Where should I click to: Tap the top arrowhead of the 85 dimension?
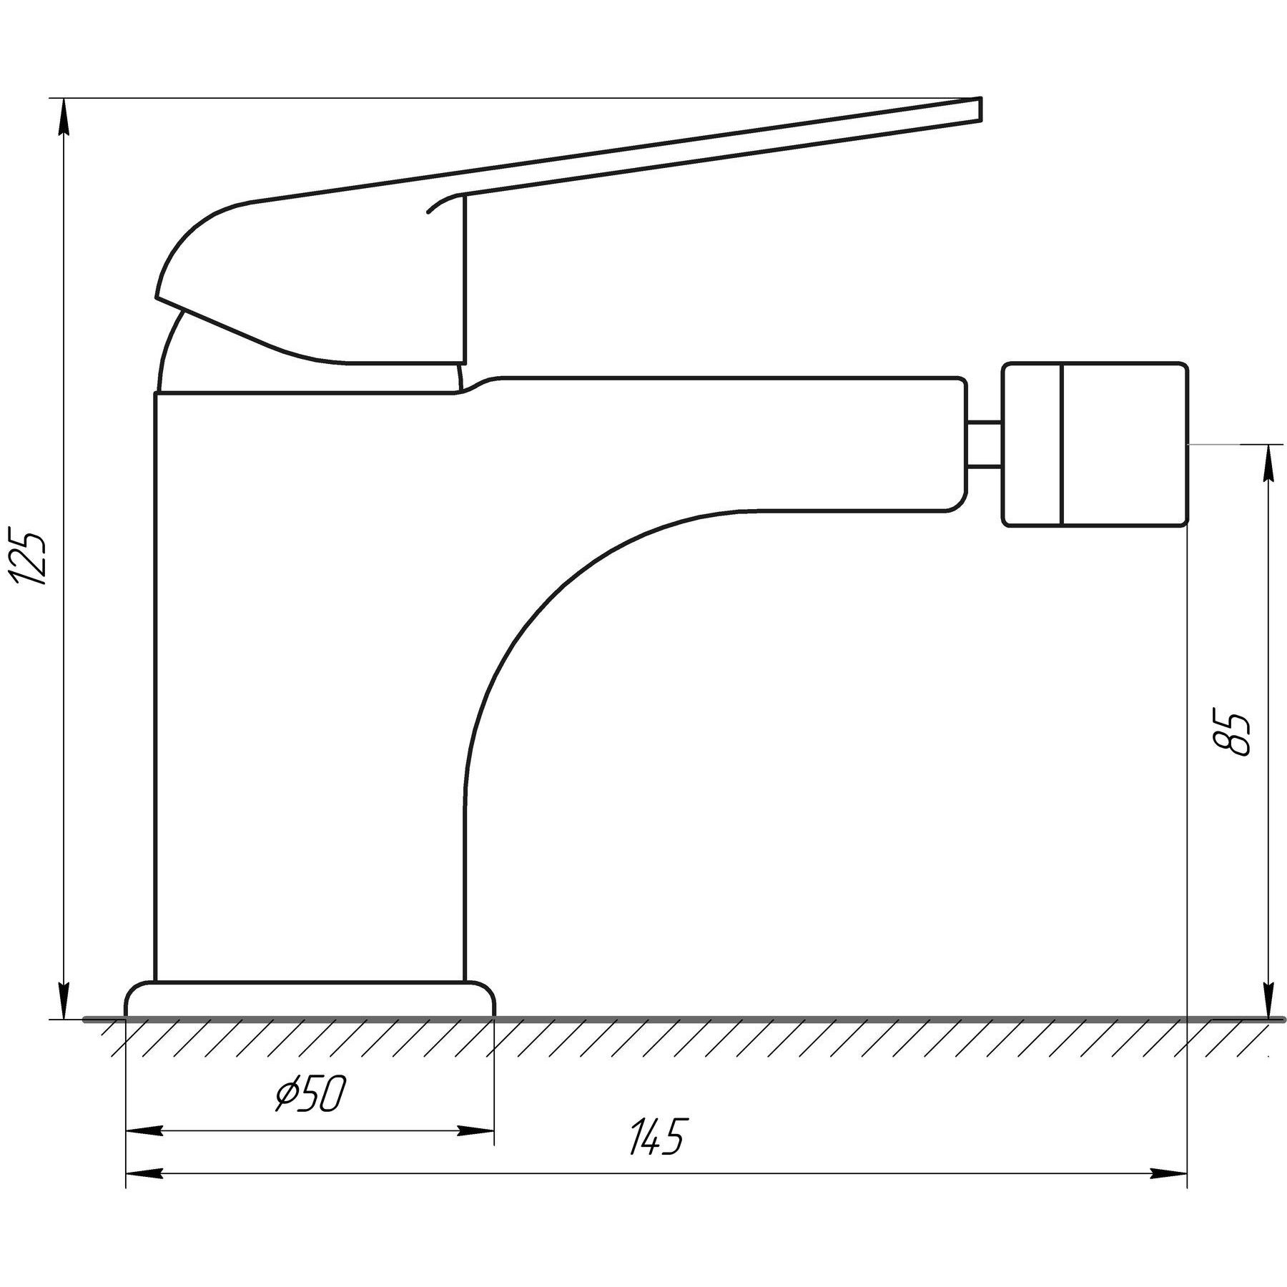pyautogui.click(x=1269, y=463)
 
